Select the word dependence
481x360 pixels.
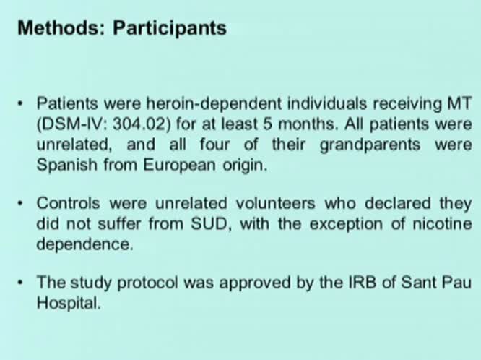(x=85, y=244)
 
